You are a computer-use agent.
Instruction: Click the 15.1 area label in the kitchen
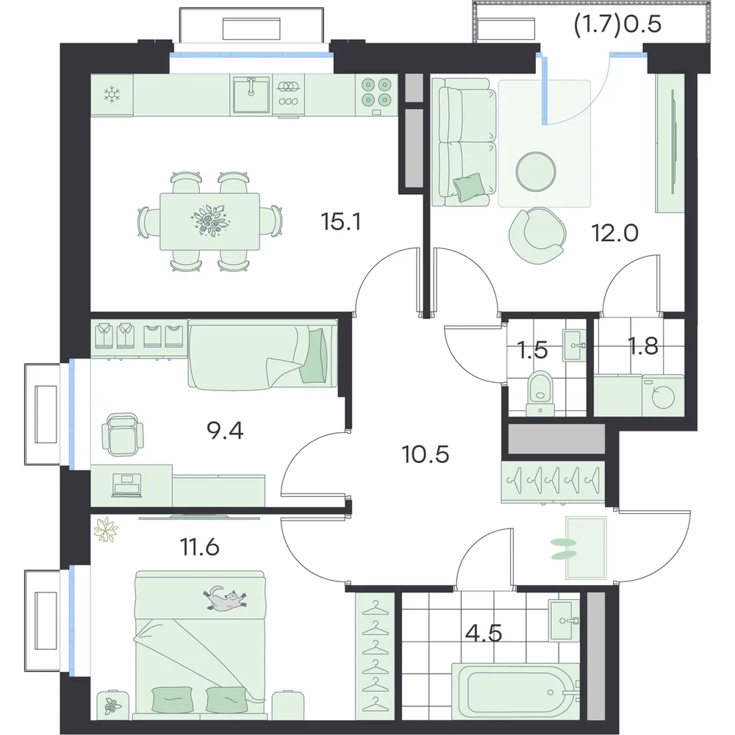click(341, 222)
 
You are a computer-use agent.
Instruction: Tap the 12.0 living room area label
click(615, 232)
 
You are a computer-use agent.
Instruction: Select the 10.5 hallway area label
click(426, 454)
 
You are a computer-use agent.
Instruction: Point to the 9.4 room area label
click(225, 431)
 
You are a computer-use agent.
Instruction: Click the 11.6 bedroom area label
click(200, 547)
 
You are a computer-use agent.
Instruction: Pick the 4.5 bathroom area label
click(484, 634)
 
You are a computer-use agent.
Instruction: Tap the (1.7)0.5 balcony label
click(617, 24)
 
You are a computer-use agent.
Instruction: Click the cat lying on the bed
click(225, 598)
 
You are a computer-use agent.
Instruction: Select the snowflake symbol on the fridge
click(112, 95)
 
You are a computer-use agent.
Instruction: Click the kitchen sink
click(251, 95)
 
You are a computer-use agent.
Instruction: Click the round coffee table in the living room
click(536, 171)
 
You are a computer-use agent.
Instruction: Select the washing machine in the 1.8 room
click(663, 395)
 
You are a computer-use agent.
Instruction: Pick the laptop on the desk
click(126, 485)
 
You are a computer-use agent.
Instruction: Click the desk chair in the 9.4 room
click(122, 434)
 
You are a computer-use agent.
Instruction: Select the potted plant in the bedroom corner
click(106, 530)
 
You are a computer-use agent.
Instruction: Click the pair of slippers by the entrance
click(564, 549)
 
